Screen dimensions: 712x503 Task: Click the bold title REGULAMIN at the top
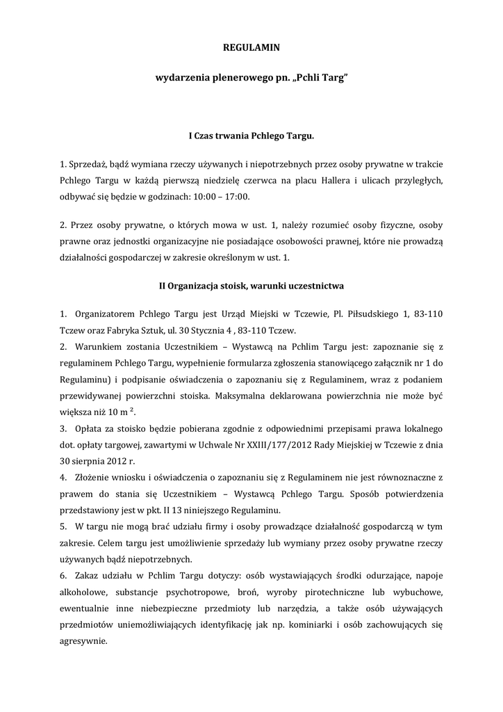[x=251, y=48]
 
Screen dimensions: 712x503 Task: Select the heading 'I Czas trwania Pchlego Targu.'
[x=251, y=136]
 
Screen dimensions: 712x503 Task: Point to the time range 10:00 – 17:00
[x=224, y=197]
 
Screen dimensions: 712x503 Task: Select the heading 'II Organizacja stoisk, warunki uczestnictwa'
[x=251, y=286]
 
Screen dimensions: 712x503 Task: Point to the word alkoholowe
[x=85, y=592]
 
